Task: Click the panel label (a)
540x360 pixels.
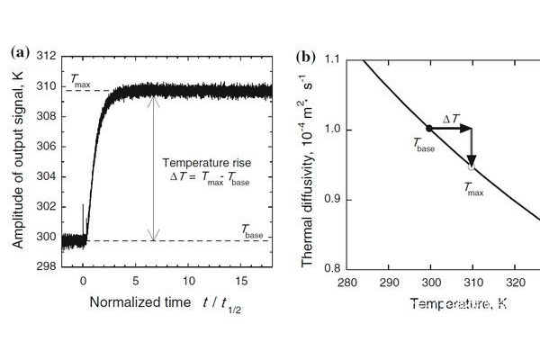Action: point(20,52)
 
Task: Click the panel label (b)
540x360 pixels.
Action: point(305,58)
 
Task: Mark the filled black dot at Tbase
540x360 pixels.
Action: point(429,129)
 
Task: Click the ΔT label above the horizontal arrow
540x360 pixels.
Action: point(452,117)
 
